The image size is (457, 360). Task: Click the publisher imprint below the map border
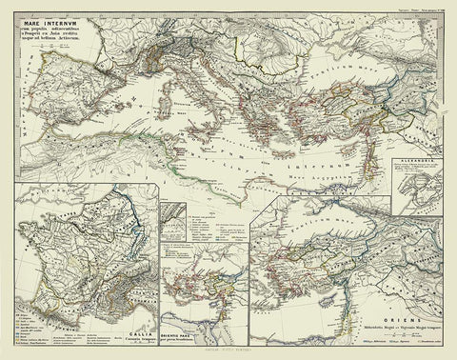coord(228,352)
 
